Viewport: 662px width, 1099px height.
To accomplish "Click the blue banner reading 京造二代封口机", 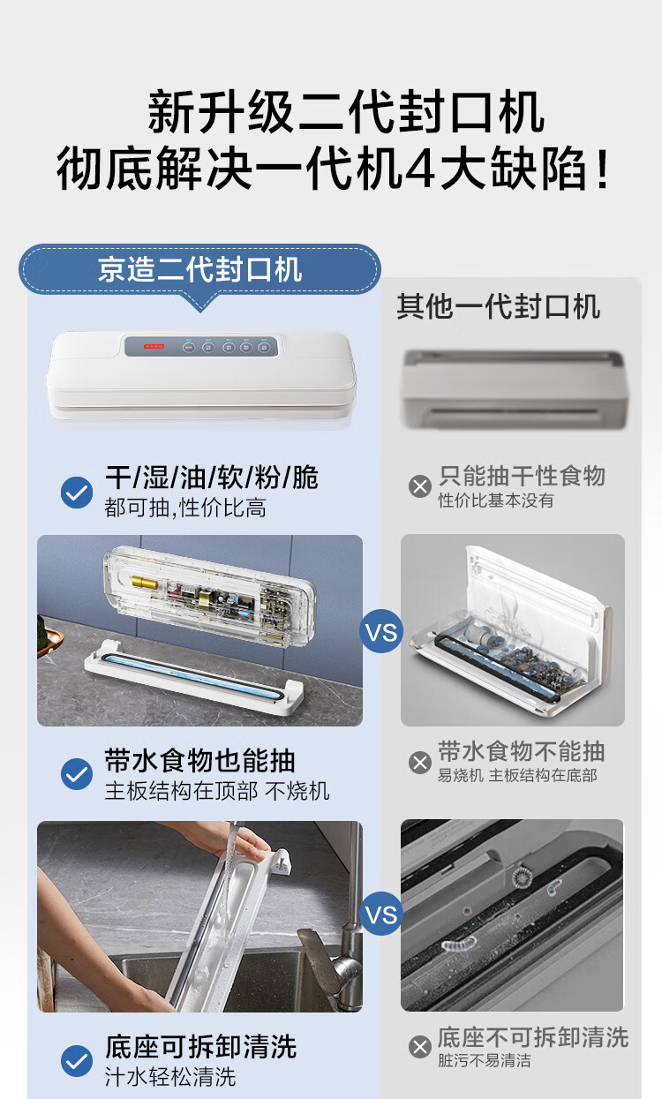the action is coord(199,269).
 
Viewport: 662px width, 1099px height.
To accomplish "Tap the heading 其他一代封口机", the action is coord(498,307).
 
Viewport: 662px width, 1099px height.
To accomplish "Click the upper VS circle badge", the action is coord(381,631).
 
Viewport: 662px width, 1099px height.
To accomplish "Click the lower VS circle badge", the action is coord(381,914).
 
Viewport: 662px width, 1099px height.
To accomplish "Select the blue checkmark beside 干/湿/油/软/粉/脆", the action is coord(77,492).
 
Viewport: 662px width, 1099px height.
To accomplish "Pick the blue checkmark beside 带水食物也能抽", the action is coord(77,774).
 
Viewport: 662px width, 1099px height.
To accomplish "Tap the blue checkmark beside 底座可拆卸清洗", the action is coord(77,1061).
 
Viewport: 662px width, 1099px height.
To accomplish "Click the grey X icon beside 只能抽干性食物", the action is coord(420,486).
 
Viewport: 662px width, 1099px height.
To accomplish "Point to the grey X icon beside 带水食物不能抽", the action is coord(420,763).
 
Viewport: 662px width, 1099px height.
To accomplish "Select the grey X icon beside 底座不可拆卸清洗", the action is coord(420,1047).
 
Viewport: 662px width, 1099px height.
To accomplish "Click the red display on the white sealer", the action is coord(154,346).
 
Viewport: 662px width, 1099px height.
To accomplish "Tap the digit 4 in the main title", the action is coord(420,169).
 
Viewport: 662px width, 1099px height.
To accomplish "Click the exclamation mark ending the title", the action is coord(603,169).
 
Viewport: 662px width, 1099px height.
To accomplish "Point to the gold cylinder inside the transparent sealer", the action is coord(144,583).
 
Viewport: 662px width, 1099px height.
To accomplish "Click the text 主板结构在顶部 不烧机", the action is coord(217,791).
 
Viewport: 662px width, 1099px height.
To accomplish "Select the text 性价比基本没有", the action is coord(496,501).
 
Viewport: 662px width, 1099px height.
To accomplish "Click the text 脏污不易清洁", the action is coord(485,1060).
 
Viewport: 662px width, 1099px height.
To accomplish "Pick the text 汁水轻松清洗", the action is coord(170,1077).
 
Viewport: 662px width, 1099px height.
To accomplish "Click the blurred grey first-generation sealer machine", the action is coord(515,389).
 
